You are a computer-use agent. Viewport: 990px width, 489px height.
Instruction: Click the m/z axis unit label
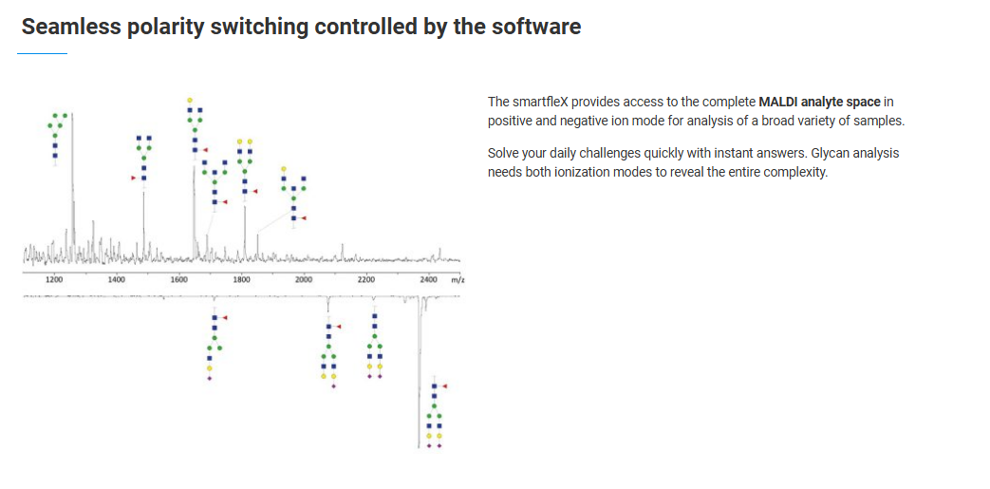458,279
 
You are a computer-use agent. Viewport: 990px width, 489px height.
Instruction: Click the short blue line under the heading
43,54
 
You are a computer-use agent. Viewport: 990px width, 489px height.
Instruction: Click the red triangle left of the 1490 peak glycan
133,179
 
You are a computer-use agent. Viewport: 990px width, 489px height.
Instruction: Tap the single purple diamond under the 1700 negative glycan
210,378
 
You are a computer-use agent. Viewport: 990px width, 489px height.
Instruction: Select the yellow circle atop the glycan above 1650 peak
190,100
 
